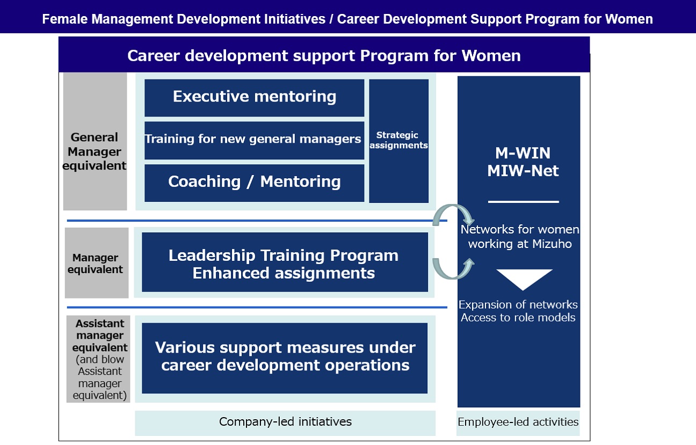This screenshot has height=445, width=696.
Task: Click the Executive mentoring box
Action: (x=254, y=97)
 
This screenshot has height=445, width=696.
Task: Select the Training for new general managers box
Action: (x=254, y=140)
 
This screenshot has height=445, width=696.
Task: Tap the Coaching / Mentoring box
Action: (x=254, y=182)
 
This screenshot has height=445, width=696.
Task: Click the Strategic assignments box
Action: (x=398, y=141)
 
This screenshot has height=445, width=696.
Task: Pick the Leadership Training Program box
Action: (x=284, y=263)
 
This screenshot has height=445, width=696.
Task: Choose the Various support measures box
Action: (x=285, y=357)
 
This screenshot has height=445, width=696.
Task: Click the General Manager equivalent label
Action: (x=95, y=151)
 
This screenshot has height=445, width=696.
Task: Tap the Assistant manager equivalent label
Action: (x=99, y=359)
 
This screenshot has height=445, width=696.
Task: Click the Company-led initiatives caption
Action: (x=285, y=422)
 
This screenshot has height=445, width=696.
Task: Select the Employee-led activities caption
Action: (x=518, y=422)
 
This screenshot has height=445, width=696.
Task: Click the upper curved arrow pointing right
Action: (x=454, y=214)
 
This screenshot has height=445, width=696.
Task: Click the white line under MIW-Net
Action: (x=523, y=202)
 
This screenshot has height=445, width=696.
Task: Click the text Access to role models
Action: (x=518, y=318)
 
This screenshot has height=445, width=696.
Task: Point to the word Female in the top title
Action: (x=65, y=19)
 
